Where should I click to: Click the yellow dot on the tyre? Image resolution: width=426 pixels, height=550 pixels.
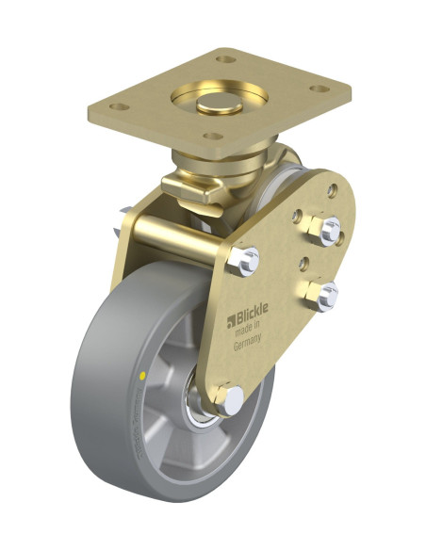(x=142, y=375)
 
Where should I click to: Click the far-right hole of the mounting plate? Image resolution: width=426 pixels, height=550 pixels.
(x=321, y=90)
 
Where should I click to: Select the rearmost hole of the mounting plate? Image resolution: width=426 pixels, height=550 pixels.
(x=224, y=58)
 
